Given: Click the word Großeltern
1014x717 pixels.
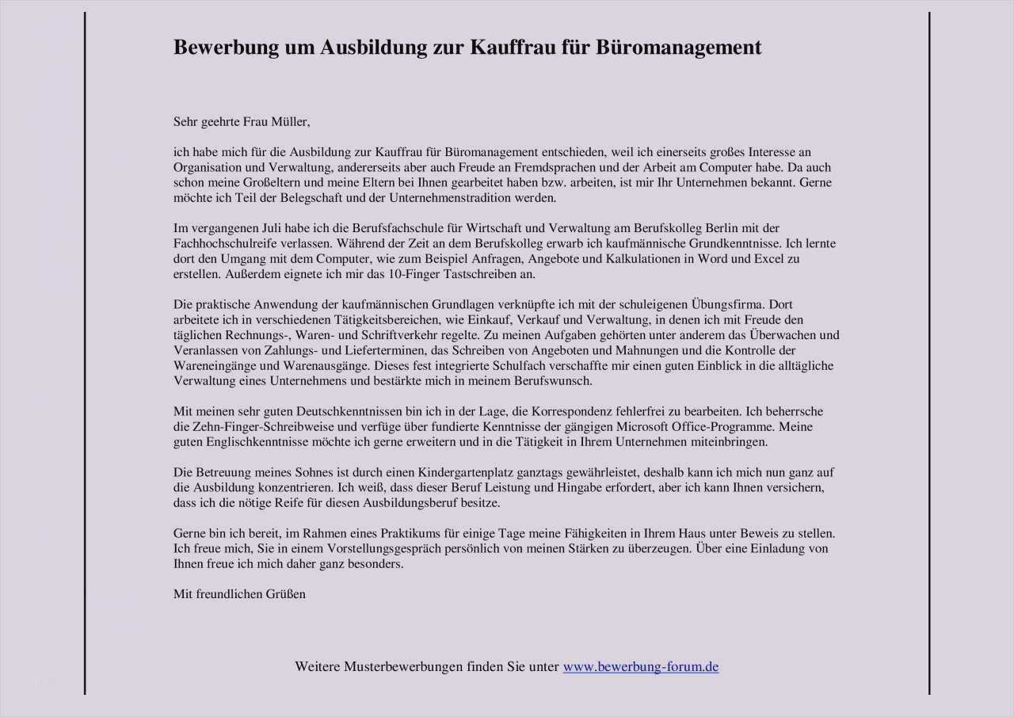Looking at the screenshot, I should coord(253,183).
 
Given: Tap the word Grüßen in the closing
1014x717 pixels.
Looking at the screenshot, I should coord(287,594).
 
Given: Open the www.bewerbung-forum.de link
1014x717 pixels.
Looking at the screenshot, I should coord(640,667).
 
